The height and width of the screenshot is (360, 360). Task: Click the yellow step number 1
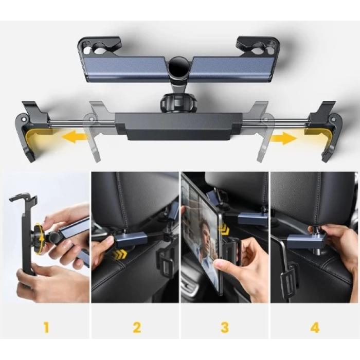[45, 327]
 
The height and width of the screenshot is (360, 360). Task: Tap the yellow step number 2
[136, 327]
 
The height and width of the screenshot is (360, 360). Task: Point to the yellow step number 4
[315, 327]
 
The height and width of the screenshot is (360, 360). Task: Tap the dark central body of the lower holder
[178, 125]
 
